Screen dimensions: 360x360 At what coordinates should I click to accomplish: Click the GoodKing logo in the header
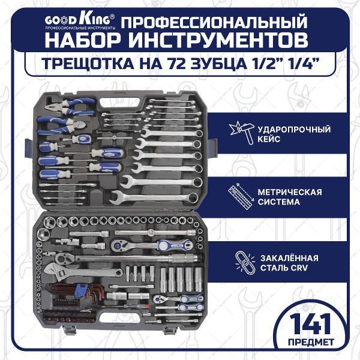80,22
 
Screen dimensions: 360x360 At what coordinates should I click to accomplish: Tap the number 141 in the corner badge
310,325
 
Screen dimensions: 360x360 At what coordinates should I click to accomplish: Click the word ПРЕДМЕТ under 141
311,343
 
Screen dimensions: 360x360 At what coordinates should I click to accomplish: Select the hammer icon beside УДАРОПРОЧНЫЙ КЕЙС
242,134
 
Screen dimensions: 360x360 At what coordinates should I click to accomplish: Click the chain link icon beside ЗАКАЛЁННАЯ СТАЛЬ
245,263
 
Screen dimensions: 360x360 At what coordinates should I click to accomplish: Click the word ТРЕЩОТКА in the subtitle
88,64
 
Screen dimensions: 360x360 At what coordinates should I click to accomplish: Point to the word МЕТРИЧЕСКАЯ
290,192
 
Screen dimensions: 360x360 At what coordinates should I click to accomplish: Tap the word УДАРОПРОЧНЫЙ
294,130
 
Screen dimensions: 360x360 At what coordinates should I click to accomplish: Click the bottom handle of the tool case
121,317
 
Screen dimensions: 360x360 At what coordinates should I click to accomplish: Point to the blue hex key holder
79,290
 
